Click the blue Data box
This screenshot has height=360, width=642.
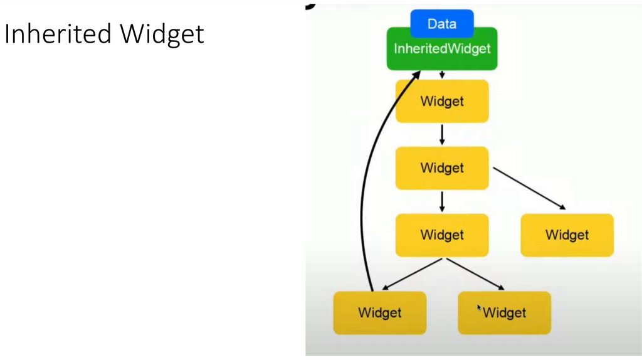(x=442, y=24)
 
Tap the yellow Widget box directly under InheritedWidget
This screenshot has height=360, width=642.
(x=442, y=101)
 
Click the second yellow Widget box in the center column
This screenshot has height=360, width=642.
(x=442, y=168)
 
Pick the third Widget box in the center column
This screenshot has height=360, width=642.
(x=442, y=235)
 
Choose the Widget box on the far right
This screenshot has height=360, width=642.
(x=567, y=235)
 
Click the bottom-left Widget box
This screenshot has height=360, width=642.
(x=380, y=312)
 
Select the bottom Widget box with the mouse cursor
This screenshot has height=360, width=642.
(x=505, y=312)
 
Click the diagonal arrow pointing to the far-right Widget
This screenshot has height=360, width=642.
(x=530, y=189)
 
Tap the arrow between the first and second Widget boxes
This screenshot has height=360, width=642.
(x=442, y=134)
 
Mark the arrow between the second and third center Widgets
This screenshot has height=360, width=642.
(x=442, y=201)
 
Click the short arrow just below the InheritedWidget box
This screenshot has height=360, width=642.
(x=442, y=75)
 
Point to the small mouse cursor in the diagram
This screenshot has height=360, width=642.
(x=480, y=308)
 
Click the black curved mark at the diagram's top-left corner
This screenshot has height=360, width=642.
(x=309, y=6)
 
